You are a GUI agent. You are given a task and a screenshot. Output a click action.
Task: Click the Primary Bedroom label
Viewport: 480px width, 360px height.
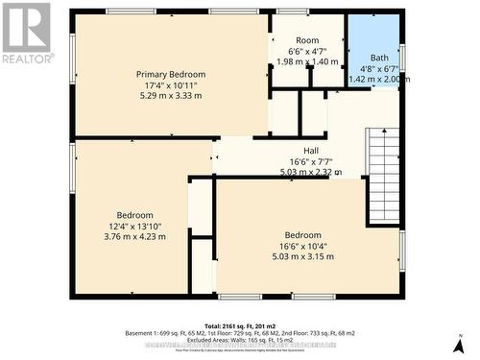point(171,74)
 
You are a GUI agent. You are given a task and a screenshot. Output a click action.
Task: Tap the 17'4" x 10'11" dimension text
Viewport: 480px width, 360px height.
point(171,84)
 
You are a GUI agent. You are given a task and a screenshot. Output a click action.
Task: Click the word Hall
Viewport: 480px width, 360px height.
point(311,151)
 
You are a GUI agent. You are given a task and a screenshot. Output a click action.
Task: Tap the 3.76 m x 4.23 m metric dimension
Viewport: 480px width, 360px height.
point(134,236)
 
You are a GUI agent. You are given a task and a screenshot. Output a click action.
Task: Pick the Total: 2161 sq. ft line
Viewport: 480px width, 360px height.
point(239,325)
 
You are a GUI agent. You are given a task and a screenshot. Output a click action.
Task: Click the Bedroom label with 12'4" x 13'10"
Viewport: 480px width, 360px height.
point(134,215)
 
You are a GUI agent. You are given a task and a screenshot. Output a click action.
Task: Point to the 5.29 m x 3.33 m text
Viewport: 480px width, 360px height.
point(171,95)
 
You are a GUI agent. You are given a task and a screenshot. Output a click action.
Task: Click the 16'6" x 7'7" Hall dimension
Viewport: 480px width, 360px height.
point(311,161)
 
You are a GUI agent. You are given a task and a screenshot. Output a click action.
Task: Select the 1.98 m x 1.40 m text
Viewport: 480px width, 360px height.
point(307,61)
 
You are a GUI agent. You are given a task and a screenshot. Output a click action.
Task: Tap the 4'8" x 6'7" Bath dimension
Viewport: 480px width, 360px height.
point(379,69)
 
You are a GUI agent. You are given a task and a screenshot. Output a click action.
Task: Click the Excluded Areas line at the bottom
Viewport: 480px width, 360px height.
point(239,340)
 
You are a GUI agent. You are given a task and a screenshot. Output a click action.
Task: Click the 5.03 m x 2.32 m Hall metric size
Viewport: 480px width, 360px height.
point(311,172)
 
